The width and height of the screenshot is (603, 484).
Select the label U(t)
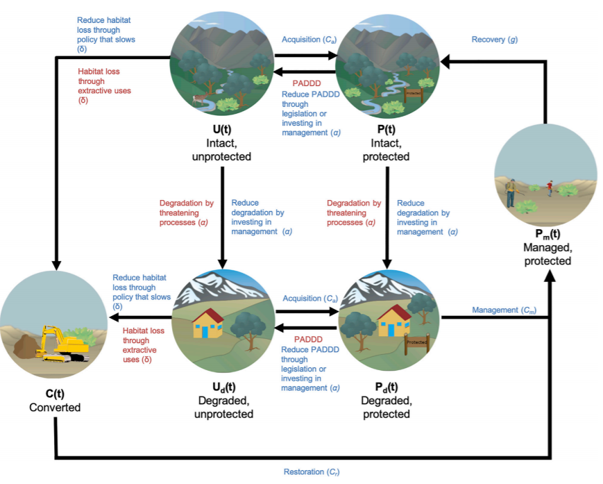[222, 130]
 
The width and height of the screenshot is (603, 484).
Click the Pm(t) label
[547, 234]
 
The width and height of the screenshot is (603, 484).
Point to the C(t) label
[55, 394]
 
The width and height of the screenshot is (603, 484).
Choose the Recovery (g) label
[495, 40]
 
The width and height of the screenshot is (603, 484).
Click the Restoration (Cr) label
[312, 472]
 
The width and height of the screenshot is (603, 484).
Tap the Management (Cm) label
[504, 310]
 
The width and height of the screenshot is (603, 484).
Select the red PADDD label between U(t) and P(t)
[307, 83]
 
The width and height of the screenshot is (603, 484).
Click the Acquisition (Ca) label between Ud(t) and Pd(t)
[310, 299]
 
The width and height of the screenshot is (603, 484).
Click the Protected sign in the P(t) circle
[414, 94]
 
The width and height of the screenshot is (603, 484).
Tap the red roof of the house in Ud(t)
[208, 315]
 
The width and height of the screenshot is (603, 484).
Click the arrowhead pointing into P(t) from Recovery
[445, 61]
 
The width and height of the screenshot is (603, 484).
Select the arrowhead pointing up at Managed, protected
[551, 275]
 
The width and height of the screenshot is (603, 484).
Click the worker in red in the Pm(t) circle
[550, 188]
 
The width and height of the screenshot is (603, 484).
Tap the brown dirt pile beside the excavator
[26, 346]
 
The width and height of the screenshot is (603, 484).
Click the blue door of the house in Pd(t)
[391, 330]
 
